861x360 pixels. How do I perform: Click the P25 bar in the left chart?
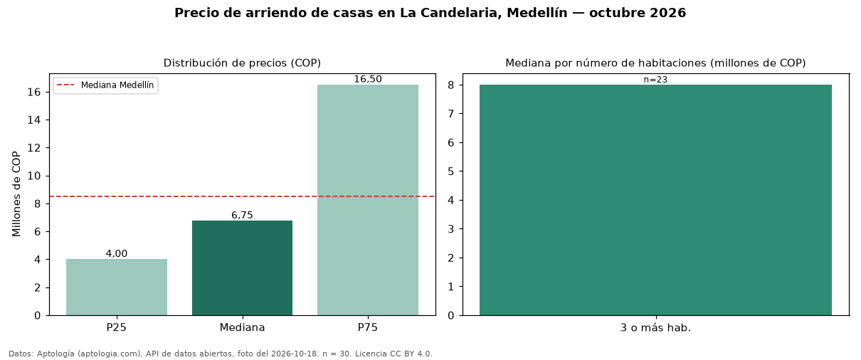117,287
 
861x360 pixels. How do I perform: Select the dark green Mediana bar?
242,268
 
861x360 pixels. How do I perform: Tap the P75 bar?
368,200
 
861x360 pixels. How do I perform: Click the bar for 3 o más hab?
656,200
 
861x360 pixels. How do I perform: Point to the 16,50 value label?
368,79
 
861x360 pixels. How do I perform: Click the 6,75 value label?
242,215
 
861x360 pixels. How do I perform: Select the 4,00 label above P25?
117,253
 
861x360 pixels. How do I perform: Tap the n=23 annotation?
656,80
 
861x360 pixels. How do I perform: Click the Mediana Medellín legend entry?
105,85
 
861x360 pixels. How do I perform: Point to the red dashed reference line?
243,196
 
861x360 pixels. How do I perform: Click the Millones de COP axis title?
16,194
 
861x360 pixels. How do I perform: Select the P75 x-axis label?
368,327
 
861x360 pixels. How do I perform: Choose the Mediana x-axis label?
242,327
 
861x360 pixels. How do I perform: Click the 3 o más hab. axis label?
656,328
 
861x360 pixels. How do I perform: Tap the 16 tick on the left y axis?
34,92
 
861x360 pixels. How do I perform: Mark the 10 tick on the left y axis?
34,176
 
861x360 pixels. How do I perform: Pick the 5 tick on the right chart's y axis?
451,171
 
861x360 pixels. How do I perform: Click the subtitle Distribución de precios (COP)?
242,63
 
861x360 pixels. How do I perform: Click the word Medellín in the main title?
537,13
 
